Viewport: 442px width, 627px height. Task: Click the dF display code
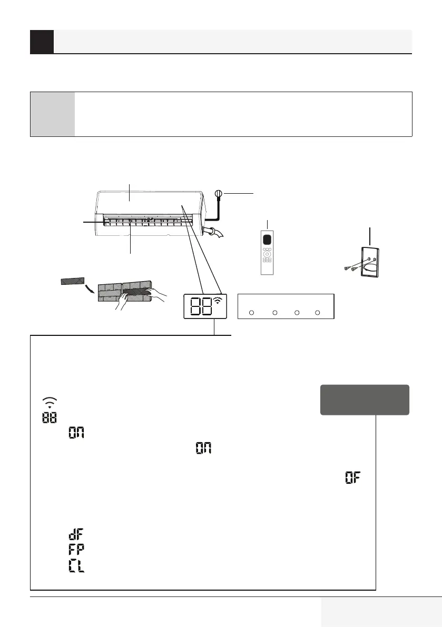(76, 534)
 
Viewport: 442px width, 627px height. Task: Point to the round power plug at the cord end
(219, 194)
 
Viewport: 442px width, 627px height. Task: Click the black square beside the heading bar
(42, 42)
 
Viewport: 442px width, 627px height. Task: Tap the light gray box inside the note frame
(53, 114)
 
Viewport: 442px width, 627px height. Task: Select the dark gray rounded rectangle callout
(364, 400)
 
